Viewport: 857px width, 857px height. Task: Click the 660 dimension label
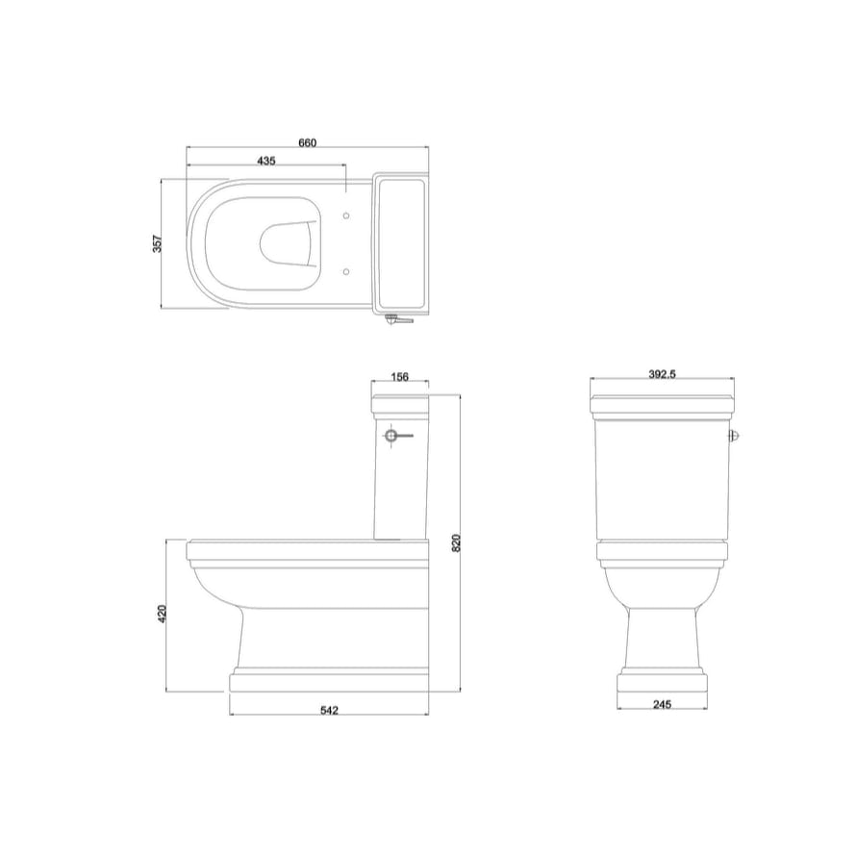click(307, 142)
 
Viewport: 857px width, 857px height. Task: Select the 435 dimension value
click(266, 161)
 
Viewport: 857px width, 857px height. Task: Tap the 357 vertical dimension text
click(158, 244)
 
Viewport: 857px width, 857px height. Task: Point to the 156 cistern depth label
click(399, 376)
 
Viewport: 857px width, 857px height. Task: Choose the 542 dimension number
click(329, 711)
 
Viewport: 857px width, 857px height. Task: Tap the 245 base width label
click(661, 705)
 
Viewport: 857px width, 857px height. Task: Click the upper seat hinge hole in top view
click(347, 215)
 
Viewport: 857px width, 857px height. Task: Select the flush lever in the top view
click(396, 319)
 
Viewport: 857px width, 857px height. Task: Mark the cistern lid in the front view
click(663, 402)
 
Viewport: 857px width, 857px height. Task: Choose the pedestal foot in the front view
click(662, 681)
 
